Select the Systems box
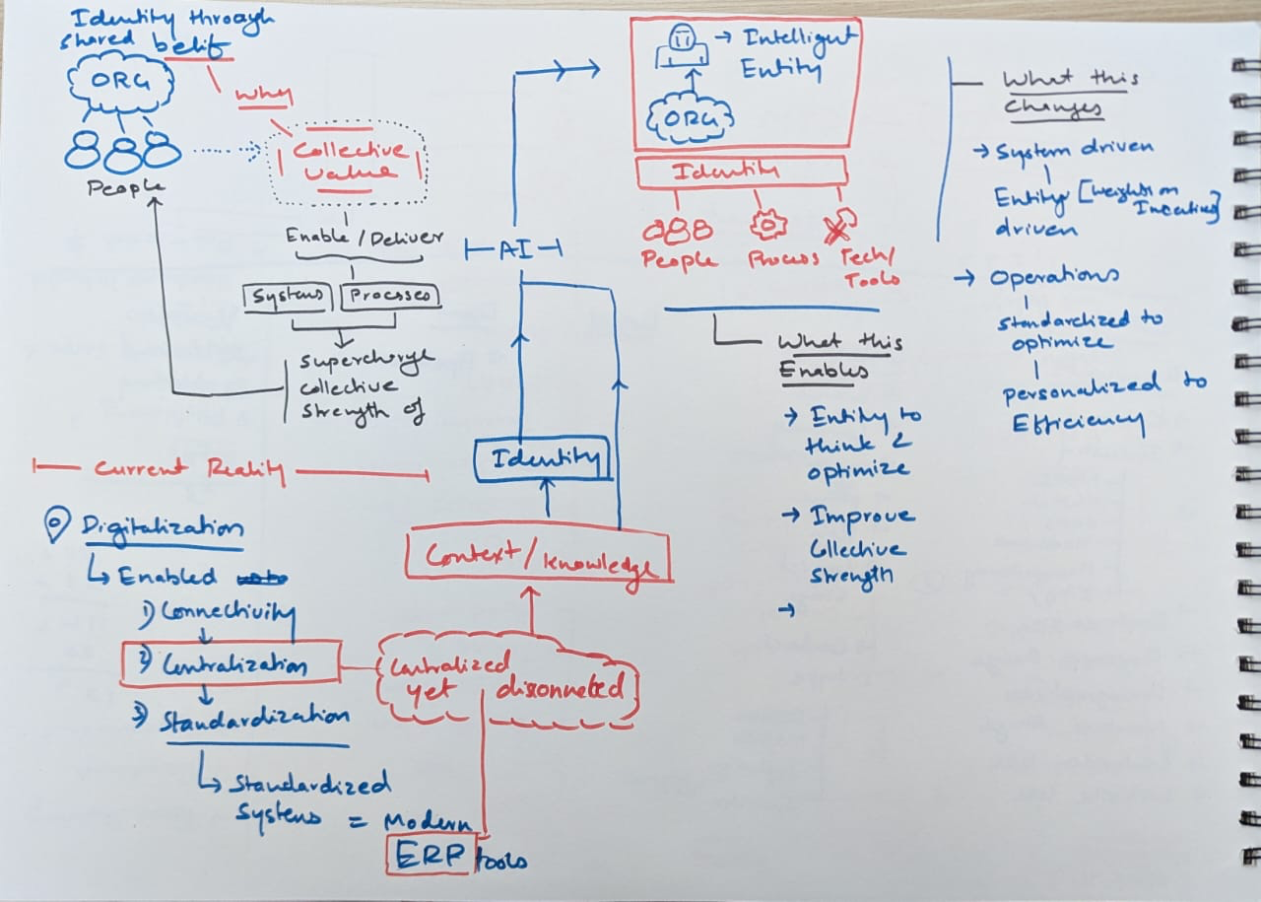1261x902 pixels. click(x=289, y=297)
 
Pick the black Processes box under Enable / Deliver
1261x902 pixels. click(x=390, y=297)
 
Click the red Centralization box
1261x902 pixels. click(x=231, y=663)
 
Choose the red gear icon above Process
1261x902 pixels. click(x=764, y=226)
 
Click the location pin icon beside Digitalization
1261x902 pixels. click(x=58, y=524)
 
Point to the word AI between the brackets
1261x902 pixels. click(x=512, y=249)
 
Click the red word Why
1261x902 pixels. click(x=262, y=96)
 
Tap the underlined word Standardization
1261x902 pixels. click(x=253, y=721)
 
